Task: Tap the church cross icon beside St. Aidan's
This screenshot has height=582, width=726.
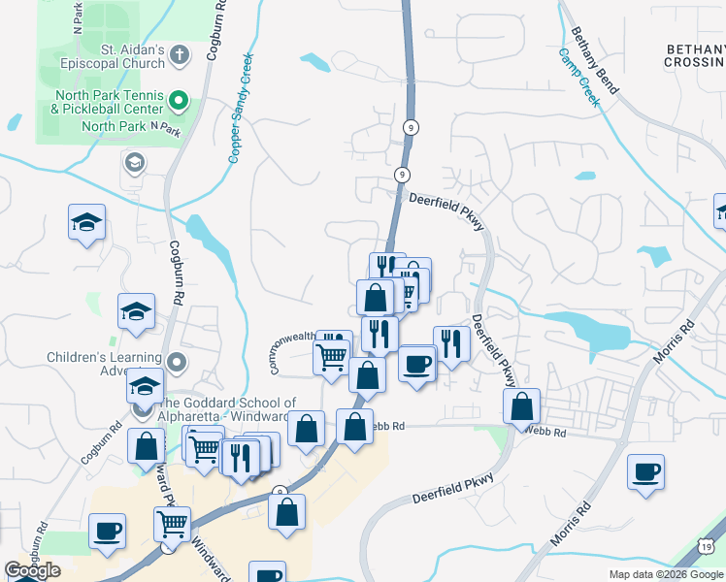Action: (x=179, y=55)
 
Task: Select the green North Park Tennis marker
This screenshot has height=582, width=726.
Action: (x=178, y=99)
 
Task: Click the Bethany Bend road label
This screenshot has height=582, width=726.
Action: (x=595, y=60)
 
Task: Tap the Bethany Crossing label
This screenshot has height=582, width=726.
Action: (x=694, y=55)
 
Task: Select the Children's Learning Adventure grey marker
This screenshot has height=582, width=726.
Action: (x=176, y=363)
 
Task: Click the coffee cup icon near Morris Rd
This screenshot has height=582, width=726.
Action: (x=645, y=472)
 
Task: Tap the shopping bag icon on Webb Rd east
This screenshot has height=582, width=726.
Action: (x=522, y=405)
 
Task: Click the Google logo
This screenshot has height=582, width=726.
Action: (x=32, y=570)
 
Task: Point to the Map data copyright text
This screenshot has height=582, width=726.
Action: (x=666, y=574)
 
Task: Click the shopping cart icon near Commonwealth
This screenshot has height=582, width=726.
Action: (x=332, y=357)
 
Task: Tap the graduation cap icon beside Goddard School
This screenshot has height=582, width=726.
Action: (x=146, y=387)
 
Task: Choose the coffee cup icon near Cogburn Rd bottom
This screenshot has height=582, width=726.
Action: (x=108, y=531)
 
